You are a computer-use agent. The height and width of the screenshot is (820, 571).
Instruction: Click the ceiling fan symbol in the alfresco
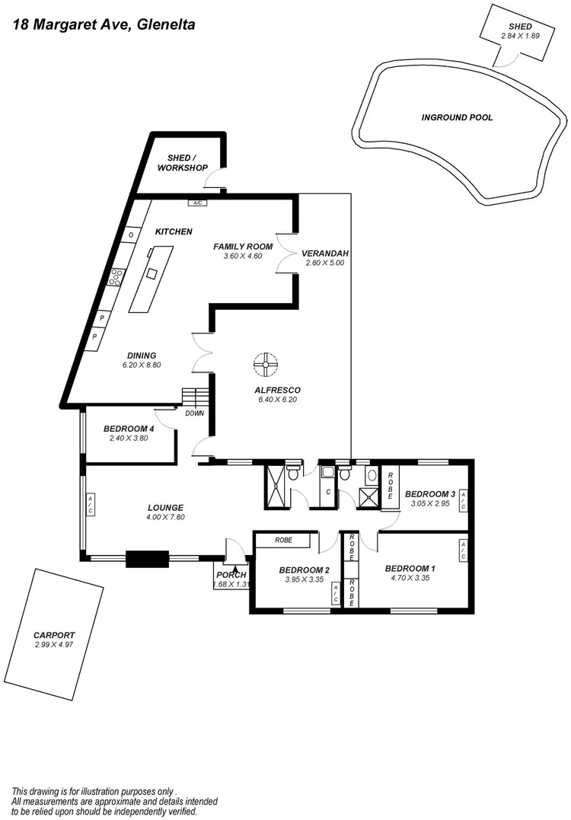[x=266, y=365]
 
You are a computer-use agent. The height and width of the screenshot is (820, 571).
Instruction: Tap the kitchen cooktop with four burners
[x=117, y=277]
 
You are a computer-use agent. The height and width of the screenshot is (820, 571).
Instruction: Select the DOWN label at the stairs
[x=194, y=413]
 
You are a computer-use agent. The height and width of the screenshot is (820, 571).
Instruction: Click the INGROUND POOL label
[x=457, y=117]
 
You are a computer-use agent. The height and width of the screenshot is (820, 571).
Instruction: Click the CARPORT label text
[x=54, y=634]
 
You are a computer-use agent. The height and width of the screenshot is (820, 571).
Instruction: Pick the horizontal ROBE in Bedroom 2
[x=282, y=541]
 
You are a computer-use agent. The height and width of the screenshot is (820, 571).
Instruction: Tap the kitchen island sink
[x=152, y=273]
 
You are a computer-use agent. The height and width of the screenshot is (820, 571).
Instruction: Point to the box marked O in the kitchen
[x=131, y=235]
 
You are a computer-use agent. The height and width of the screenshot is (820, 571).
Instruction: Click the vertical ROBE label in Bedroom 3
[x=391, y=485]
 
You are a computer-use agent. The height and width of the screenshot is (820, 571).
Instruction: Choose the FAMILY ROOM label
[x=242, y=246]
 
